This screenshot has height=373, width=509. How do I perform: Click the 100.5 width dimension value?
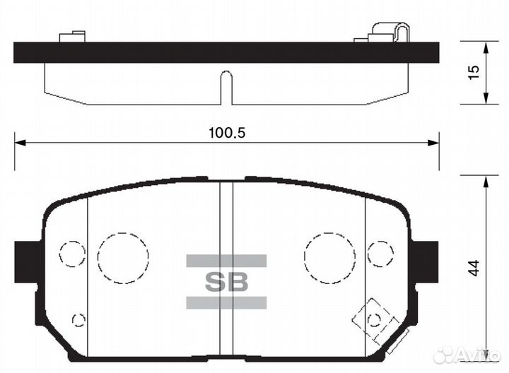coord(227,132)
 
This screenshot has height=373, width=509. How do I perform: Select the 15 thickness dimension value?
coord(474,72)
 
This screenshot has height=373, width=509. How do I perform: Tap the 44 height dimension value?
coord(474,268)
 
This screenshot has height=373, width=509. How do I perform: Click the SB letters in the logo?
coord(226,282)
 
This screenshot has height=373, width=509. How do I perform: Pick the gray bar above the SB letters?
coord(226,261)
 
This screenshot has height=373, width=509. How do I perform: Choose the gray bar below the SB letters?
coord(226,303)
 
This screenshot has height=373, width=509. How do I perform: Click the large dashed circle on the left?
coord(123,256)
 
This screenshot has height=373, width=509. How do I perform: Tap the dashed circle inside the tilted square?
coord(374,320)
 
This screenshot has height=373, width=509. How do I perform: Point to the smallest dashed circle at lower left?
coord(78,320)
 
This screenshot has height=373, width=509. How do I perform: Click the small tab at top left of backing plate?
coord(73,35)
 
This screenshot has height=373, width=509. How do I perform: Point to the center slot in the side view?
coord(226,86)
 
